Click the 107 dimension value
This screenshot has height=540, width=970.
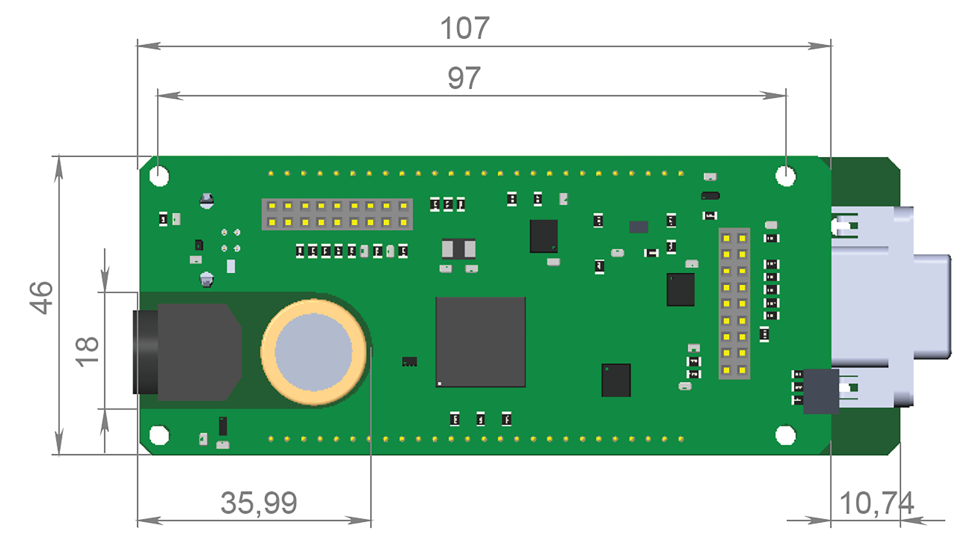point(465,28)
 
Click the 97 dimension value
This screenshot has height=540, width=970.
point(464,78)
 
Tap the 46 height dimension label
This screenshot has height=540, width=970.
point(41,298)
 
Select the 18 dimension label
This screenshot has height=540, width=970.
point(87,352)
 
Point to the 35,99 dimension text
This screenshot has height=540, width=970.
point(259,503)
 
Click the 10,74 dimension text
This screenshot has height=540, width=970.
point(876,503)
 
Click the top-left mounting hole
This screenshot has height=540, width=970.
point(159,176)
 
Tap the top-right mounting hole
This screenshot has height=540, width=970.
point(785,176)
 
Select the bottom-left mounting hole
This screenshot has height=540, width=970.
point(159,435)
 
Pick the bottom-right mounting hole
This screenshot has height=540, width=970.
point(785,435)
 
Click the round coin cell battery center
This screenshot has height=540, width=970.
point(313,352)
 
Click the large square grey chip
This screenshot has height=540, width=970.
point(480,341)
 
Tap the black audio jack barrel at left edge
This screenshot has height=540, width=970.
point(145,352)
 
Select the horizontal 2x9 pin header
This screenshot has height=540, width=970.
point(337,214)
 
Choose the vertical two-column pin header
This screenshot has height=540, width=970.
point(734,303)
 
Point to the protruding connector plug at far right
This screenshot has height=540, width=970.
point(932,307)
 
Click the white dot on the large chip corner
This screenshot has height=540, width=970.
point(439,384)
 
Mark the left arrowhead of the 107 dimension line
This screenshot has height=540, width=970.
point(149,46)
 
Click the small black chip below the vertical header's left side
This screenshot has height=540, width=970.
point(616,380)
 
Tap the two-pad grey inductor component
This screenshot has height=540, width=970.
point(458,249)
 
